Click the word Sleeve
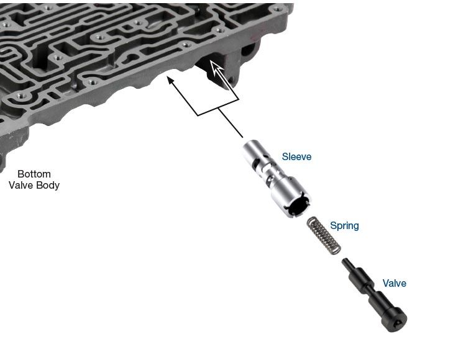click(x=296, y=156)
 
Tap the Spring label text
click(x=344, y=226)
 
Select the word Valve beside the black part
click(x=394, y=283)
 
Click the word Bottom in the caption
click(x=34, y=174)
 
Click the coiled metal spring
click(x=324, y=236)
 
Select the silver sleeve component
click(x=276, y=179)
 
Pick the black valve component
click(x=375, y=295)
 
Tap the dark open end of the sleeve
click(x=298, y=205)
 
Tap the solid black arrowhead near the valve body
click(x=170, y=80)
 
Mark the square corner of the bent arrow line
click(x=198, y=115)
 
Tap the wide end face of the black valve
click(x=395, y=320)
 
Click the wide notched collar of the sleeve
click(x=291, y=197)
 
